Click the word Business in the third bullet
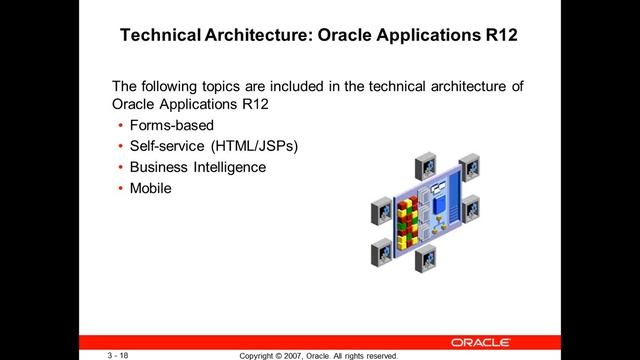(160, 167)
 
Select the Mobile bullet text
(151, 187)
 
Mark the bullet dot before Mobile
(120, 188)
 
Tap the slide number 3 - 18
(122, 354)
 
